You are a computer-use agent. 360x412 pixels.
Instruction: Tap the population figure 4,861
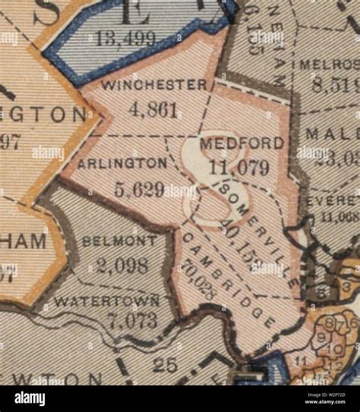click(x=154, y=109)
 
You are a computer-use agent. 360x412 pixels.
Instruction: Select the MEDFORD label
click(x=232, y=143)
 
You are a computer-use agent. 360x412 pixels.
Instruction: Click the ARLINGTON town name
click(x=122, y=162)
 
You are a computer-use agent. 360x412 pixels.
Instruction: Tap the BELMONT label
click(x=120, y=241)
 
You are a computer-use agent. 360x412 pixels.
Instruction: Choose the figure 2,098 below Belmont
click(x=122, y=266)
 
